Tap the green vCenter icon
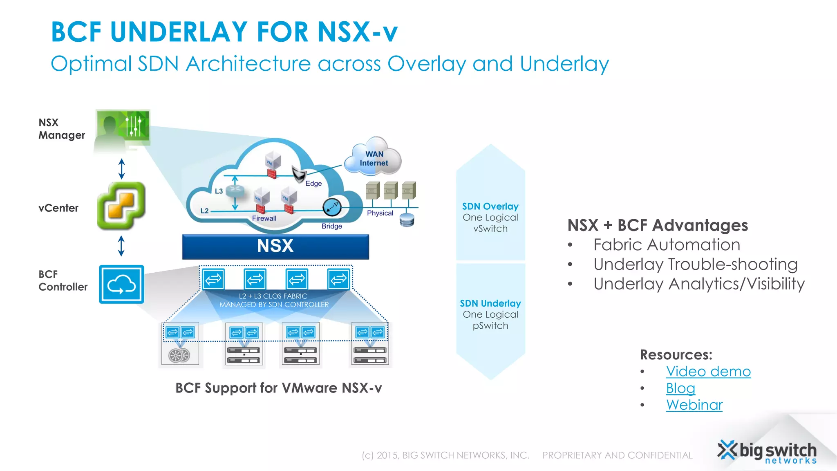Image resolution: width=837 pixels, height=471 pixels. point(121,206)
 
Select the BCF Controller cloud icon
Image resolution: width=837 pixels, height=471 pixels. point(121,284)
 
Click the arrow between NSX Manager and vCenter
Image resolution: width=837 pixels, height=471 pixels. point(121,168)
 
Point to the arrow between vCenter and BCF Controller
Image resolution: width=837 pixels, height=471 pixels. point(121,246)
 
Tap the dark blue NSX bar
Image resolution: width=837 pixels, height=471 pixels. point(275,247)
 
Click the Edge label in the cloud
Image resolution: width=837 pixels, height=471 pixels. point(313,184)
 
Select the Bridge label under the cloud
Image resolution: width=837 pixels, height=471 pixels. point(331,226)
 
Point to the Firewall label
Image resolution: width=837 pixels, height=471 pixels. point(264,218)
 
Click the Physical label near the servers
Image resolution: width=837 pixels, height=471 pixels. point(380,213)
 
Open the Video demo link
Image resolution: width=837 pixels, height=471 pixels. point(708,371)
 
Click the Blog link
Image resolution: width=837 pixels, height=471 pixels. point(680,388)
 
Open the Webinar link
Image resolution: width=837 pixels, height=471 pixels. point(694,405)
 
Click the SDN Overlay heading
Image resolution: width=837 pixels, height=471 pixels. point(490,206)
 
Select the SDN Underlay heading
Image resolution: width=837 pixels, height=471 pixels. point(490,303)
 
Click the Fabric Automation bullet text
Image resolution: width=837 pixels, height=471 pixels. point(667,245)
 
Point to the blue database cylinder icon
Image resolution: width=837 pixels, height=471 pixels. point(407,220)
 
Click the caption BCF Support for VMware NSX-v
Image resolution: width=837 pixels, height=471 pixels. point(278,388)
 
